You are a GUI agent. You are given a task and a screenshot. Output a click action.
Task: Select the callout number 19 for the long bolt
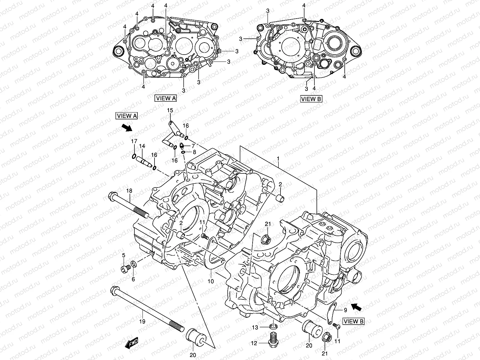pos(142,321)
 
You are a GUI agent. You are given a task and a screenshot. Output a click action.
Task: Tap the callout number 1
pos(278,158)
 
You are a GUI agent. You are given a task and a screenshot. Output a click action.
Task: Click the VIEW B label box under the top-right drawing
pos(311,99)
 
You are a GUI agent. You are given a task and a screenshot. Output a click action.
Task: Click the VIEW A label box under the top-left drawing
pos(166,98)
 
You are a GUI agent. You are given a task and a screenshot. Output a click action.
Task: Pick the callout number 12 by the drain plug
pos(254,343)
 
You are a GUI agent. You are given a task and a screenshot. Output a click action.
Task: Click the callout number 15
pos(170,111)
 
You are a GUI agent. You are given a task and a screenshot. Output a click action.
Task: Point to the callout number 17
pos(134,141)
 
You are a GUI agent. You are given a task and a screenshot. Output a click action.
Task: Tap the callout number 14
pos(142,146)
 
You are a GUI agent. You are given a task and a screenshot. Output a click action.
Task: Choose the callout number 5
pos(123,255)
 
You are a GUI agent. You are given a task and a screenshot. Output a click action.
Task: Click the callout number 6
pos(133,279)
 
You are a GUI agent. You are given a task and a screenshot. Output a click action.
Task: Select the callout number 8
pos(194,152)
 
